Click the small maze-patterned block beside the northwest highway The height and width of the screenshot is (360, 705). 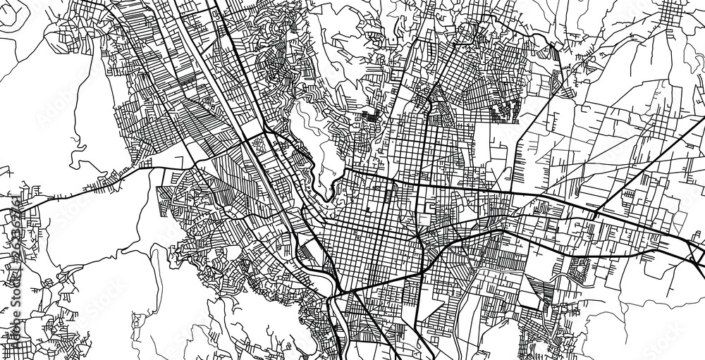coord(258,144)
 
